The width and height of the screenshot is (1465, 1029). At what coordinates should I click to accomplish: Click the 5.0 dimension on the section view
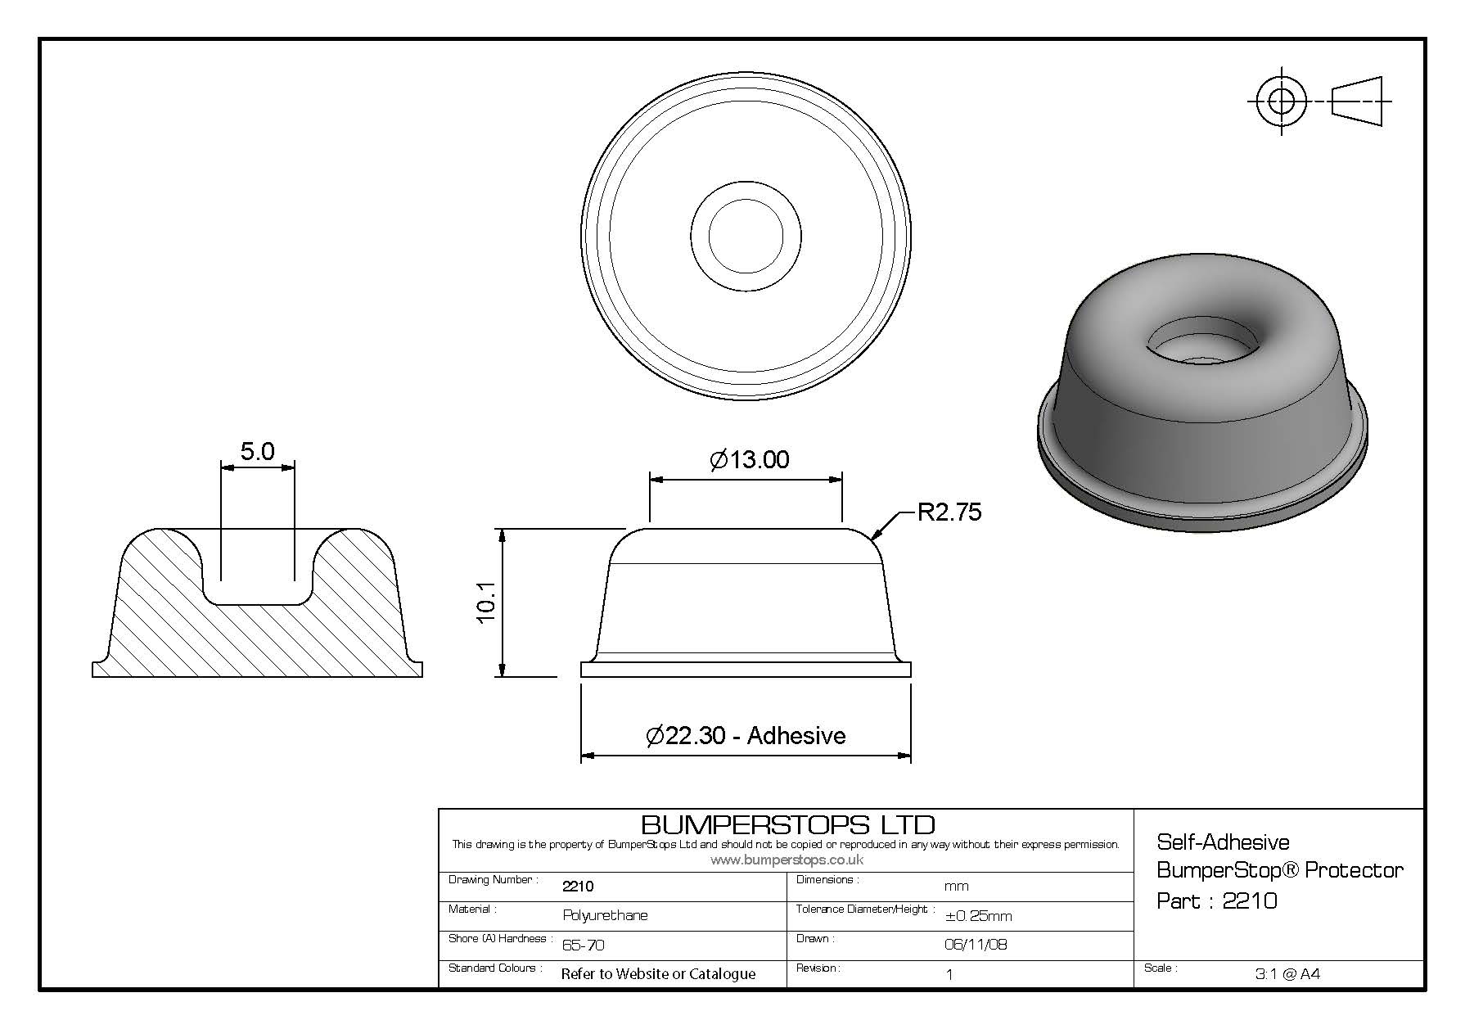[x=257, y=451]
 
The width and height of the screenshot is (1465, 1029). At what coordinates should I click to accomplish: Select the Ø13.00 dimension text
[x=750, y=459]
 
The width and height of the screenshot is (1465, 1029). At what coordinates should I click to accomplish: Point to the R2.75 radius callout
[x=949, y=512]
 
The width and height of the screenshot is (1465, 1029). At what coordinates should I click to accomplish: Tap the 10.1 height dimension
[x=486, y=603]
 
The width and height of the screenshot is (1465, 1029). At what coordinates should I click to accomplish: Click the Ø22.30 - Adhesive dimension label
[x=746, y=735]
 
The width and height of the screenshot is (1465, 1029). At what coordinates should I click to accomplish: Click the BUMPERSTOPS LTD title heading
[x=787, y=824]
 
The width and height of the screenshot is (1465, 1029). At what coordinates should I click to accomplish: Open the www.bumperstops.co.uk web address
[x=787, y=860]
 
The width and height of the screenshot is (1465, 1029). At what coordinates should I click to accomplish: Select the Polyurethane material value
[x=605, y=915]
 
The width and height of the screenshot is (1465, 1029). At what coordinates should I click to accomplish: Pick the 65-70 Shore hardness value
[x=584, y=945]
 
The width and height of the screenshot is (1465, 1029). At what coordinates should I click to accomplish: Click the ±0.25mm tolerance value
[x=978, y=916]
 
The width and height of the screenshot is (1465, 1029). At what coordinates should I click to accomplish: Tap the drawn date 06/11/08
[x=976, y=944]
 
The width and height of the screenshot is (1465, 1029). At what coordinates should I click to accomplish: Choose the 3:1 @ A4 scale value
[x=1287, y=974]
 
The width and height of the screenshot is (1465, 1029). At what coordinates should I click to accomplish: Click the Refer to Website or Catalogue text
[x=658, y=974]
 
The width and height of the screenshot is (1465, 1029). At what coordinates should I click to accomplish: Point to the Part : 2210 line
[x=1217, y=901]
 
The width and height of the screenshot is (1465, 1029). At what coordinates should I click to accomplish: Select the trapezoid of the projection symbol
[x=1357, y=102]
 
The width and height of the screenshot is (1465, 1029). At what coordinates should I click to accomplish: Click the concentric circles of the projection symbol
[x=1282, y=102]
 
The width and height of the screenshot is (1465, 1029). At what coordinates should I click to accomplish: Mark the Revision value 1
[x=949, y=974]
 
